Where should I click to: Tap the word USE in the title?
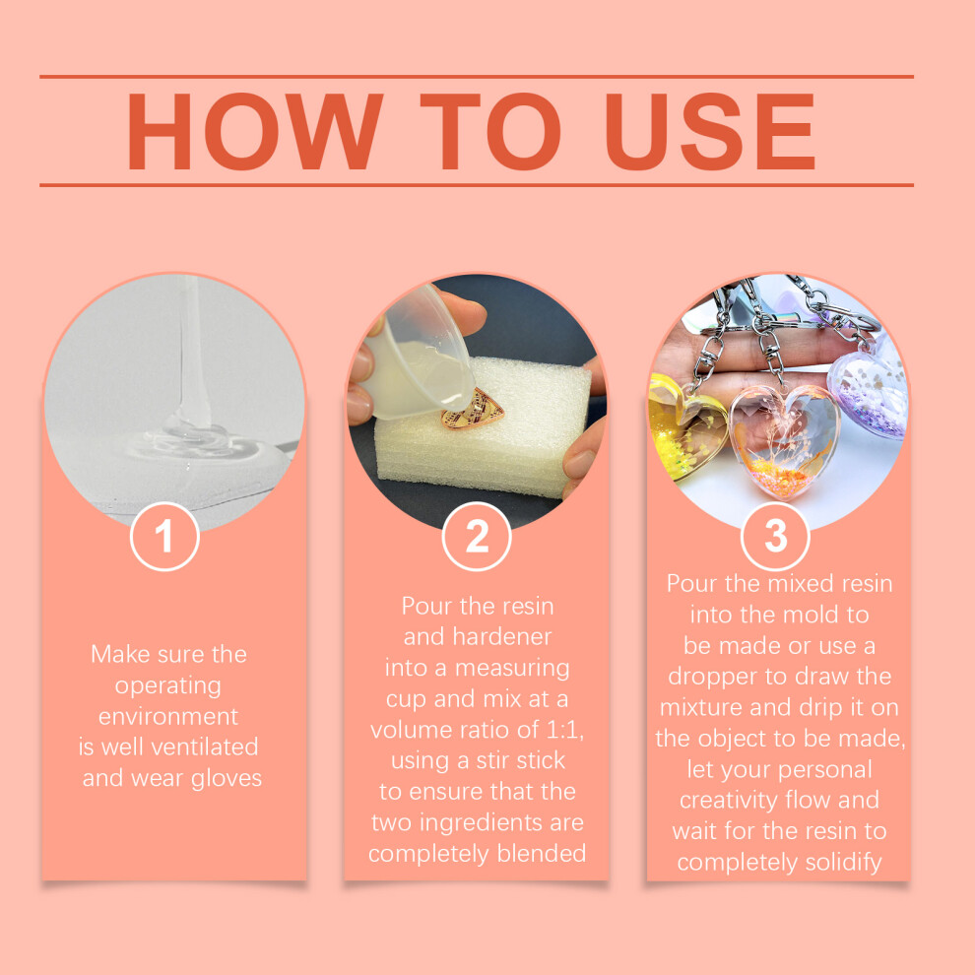click(709, 131)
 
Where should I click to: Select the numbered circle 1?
click(164, 536)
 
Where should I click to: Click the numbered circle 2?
click(477, 536)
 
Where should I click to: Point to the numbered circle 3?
click(775, 536)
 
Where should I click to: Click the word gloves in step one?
click(227, 779)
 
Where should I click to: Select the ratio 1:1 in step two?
click(563, 730)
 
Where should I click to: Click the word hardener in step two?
click(502, 637)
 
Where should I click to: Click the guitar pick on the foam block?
click(472, 409)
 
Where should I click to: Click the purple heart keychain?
click(870, 393)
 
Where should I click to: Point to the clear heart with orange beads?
click(784, 439)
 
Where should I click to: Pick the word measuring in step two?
click(512, 669)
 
